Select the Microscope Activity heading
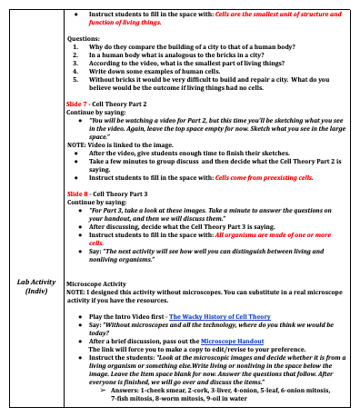pos(102,283)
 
